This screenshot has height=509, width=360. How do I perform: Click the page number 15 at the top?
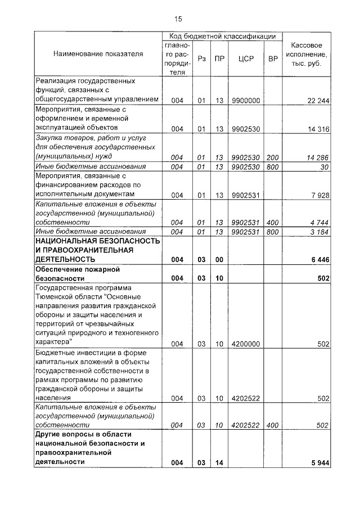tap(178, 19)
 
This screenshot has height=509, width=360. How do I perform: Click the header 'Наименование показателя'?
tap(98, 53)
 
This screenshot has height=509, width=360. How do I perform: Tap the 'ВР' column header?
tap(273, 58)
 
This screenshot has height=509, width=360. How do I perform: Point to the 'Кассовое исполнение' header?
tap(306, 53)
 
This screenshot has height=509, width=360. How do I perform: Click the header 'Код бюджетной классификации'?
tap(222, 35)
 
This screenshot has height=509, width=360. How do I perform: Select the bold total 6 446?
tap(319, 259)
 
